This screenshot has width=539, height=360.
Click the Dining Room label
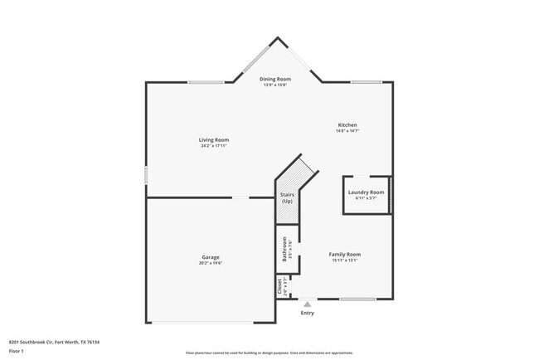[275, 79]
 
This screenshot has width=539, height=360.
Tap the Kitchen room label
[347, 125]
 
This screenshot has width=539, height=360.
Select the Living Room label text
[213, 140]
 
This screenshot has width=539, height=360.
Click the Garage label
[210, 257]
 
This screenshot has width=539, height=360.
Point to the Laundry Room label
[366, 192]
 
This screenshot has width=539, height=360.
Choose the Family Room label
[345, 254]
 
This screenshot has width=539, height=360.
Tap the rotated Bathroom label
[284, 250]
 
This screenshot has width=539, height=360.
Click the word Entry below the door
[308, 313]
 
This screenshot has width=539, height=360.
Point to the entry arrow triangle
[308, 304]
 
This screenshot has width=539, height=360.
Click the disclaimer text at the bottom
[269, 352]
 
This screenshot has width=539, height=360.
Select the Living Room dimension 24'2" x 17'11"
[213, 146]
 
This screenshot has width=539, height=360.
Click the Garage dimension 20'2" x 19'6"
[211, 263]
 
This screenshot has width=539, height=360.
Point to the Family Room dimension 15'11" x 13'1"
[345, 260]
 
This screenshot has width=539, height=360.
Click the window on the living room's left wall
[146, 176]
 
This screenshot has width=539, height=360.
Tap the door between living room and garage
[239, 197]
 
